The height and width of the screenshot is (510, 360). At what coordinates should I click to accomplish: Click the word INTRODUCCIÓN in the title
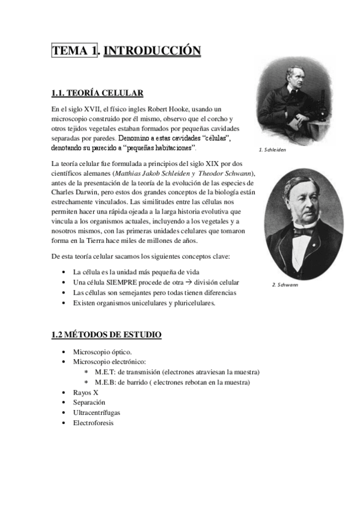tap(152, 52)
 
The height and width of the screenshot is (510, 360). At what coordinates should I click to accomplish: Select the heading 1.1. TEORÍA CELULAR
tap(97, 93)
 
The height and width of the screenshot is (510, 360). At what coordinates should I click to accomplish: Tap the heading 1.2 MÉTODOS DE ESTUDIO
tap(106, 334)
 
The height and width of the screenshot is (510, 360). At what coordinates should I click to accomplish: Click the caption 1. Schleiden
tap(272, 150)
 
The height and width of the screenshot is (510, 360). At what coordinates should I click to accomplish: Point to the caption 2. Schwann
tap(285, 284)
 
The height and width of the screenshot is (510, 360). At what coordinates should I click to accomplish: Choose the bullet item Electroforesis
tap(93, 423)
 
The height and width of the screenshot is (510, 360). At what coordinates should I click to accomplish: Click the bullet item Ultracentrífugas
tap(97, 413)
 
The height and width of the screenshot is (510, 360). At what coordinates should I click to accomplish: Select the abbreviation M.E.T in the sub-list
tap(106, 372)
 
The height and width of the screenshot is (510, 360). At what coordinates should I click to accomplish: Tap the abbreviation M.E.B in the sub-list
tap(106, 382)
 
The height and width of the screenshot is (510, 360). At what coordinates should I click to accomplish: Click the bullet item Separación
tap(90, 402)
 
